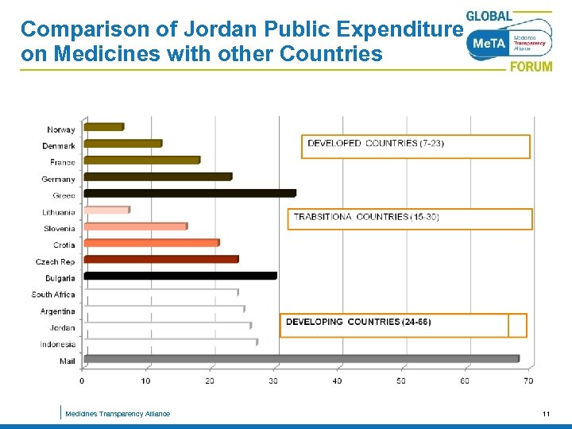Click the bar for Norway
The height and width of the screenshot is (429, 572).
(x=103, y=127)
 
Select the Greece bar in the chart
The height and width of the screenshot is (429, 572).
(x=189, y=193)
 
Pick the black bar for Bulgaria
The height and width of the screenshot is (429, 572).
(x=180, y=276)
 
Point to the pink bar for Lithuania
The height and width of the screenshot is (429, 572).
(x=106, y=211)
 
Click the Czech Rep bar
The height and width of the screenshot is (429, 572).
(x=160, y=260)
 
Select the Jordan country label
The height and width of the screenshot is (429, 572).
(x=62, y=328)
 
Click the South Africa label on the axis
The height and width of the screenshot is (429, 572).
(x=53, y=295)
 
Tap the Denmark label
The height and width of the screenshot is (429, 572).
(x=59, y=146)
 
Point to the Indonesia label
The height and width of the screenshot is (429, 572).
(x=58, y=345)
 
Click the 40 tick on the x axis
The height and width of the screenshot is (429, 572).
(x=338, y=381)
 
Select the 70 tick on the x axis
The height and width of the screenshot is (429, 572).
(x=528, y=381)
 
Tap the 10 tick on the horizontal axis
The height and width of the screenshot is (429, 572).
(x=146, y=381)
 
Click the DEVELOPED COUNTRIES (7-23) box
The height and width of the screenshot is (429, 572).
(x=415, y=146)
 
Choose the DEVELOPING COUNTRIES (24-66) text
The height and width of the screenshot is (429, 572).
(x=358, y=322)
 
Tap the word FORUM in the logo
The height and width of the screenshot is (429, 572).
(x=531, y=67)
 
